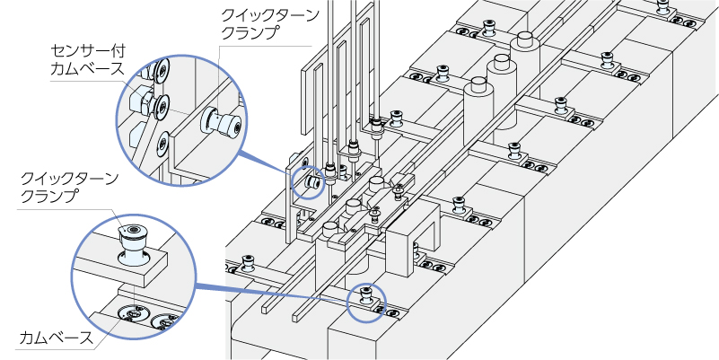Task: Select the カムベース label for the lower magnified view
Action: pos(55,339)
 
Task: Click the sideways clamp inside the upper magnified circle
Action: pos(221,123)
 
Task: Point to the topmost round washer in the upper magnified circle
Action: pos(162,70)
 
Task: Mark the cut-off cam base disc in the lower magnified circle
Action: pos(169,320)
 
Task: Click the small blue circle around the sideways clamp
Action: pos(311,182)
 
